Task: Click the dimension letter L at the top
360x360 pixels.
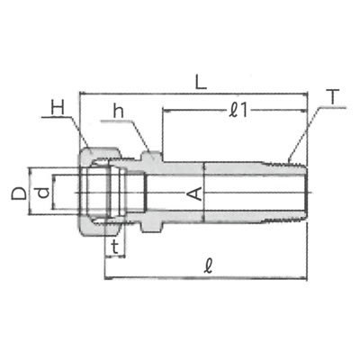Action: [201, 82]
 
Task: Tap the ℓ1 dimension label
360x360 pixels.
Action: [238, 111]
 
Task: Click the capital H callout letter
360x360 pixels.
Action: [58, 108]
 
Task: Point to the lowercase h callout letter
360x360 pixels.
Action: [118, 112]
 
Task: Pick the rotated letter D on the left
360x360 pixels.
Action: [19, 193]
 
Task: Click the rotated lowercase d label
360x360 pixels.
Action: [43, 193]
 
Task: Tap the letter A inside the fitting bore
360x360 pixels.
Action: [195, 193]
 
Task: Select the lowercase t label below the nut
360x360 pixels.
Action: [114, 247]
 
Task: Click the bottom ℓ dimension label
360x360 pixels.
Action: [208, 266]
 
